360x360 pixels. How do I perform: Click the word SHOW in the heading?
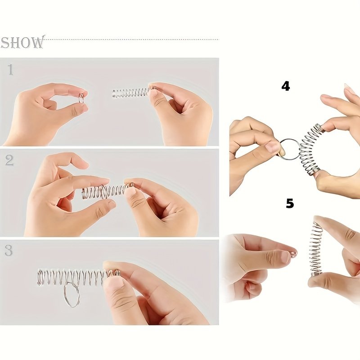click(x=22, y=42)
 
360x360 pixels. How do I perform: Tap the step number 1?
click(x=10, y=70)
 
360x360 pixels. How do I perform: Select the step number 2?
click(x=9, y=160)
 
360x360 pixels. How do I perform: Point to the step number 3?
click(x=9, y=251)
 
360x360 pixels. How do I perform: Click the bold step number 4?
click(x=286, y=86)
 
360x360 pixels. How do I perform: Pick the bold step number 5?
click(x=290, y=203)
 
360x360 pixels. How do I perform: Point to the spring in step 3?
click(x=78, y=277)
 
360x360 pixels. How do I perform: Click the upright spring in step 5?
click(x=316, y=249)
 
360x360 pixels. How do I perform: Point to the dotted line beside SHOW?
click(x=131, y=40)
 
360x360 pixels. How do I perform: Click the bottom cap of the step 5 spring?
click(x=317, y=274)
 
